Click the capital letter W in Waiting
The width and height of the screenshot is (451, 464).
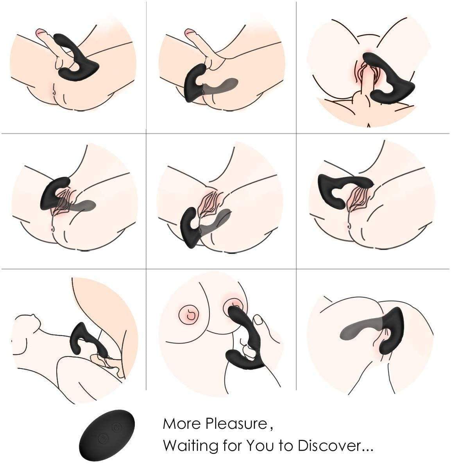pos(169,445)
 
